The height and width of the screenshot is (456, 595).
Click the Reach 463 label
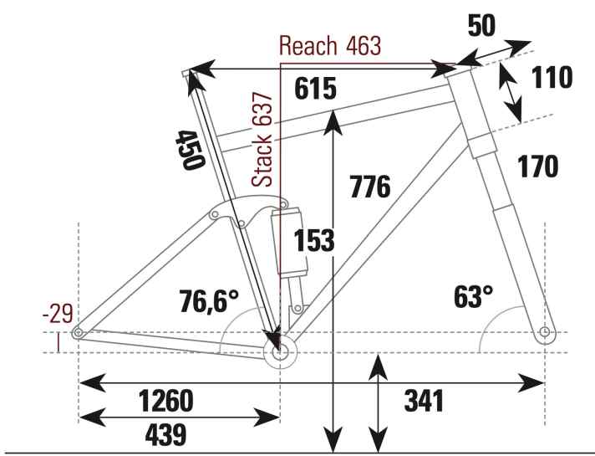[x=330, y=45]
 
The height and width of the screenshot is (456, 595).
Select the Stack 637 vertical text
[x=264, y=140]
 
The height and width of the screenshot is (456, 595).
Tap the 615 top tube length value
[x=315, y=89]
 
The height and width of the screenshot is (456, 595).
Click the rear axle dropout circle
[x=78, y=333]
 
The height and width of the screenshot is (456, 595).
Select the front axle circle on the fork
[x=545, y=333]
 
